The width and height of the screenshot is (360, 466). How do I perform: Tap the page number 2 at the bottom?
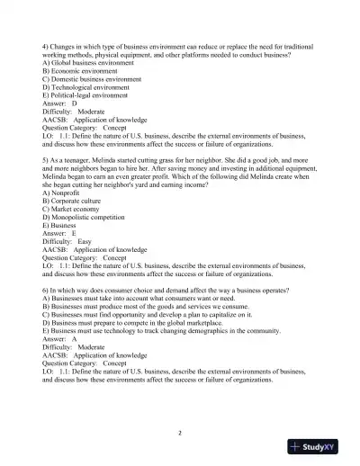180,434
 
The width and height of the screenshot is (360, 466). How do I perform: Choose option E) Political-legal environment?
89,94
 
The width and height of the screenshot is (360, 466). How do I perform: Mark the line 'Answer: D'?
59,103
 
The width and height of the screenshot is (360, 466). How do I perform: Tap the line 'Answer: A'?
59,340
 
